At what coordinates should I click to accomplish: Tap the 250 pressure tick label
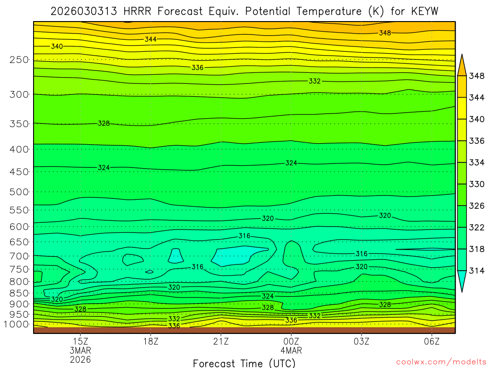pos(19,60)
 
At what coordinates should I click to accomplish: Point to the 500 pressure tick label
pos(19,192)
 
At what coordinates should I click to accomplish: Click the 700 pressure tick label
pos(19,255)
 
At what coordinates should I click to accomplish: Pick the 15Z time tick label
pos(80,342)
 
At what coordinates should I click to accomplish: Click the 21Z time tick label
pos(221,342)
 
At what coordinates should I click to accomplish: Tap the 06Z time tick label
pos(432,342)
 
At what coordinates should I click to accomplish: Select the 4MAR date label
pos(291,350)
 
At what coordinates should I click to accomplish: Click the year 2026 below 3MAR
pos(80,359)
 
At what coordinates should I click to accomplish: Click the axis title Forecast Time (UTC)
pos(245,363)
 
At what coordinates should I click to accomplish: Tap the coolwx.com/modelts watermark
pos(441,361)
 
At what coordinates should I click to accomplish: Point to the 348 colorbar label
pos(477,76)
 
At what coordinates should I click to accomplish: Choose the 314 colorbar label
pos(477,270)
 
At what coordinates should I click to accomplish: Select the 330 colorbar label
pos(477,184)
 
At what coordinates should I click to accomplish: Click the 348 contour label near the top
pos(385,33)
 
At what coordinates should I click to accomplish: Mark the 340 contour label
pos(57,46)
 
